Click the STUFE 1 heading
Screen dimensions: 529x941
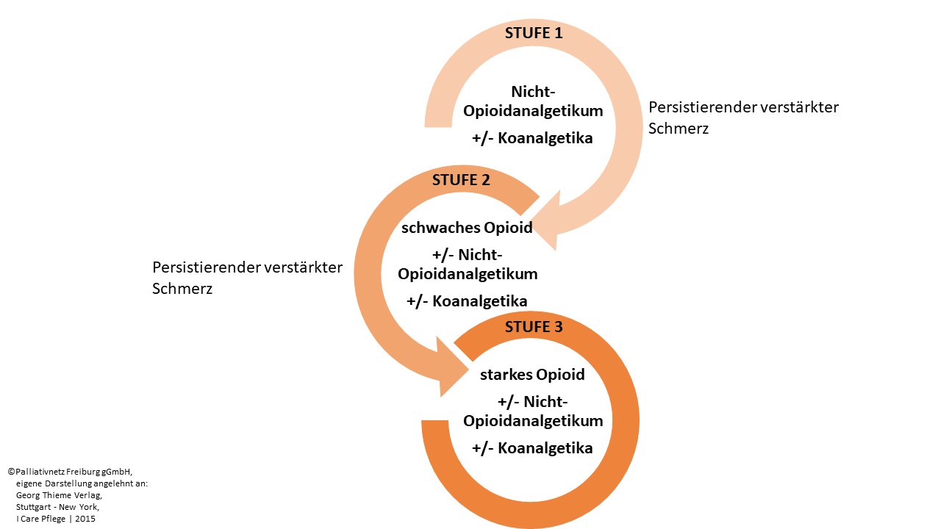pos(533,33)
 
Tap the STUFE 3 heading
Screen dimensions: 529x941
pos(534,327)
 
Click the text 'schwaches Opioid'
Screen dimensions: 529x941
pos(467,228)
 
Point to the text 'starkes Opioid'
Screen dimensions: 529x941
pos(532,375)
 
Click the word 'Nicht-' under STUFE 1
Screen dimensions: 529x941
pos(532,92)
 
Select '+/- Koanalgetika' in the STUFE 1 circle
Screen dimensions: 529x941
pos(532,138)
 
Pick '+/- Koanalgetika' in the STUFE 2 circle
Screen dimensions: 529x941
pos(467,301)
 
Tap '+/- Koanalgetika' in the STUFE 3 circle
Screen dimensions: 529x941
pos(532,447)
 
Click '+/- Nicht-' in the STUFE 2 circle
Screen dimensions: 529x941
pos(467,255)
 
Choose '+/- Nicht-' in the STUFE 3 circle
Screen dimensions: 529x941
pos(532,401)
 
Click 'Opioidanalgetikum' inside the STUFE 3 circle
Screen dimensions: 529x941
pos(532,421)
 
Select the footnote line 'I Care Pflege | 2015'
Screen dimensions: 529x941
pos(55,519)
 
